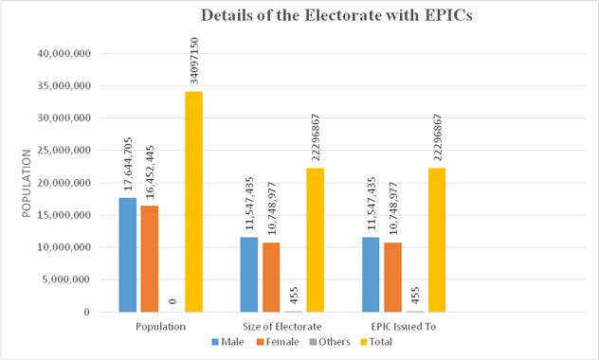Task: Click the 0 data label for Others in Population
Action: (172, 300)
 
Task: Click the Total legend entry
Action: (377, 342)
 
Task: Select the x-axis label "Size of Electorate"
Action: (281, 325)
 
